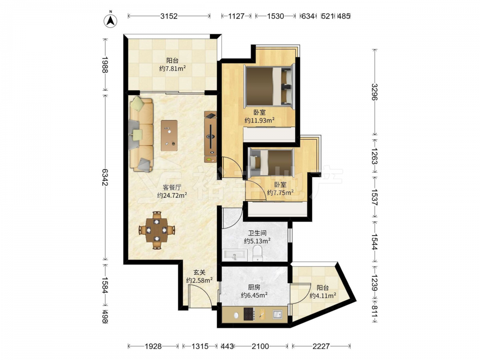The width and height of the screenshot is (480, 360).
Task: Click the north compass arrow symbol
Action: coord(110,20)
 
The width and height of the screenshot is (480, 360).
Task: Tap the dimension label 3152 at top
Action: coord(169,16)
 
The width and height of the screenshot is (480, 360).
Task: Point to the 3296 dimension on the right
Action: coord(375,92)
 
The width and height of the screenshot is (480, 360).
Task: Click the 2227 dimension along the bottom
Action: coord(321,346)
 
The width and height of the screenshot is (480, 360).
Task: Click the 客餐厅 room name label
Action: coord(172,187)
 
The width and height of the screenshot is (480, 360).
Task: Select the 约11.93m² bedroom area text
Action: coord(259,120)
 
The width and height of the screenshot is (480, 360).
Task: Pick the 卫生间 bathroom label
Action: coord(257,233)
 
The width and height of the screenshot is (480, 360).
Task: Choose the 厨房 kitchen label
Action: coord(254,287)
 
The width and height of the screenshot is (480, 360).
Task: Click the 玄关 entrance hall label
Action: coord(199,272)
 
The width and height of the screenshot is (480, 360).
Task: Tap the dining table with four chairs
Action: coord(157,230)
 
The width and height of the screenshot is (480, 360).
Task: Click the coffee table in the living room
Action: coord(169,135)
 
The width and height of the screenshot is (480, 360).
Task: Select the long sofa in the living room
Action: coord(141,134)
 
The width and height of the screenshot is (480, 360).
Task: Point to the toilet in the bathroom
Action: coord(258,254)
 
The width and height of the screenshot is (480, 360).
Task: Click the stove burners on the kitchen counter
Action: coord(249,314)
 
